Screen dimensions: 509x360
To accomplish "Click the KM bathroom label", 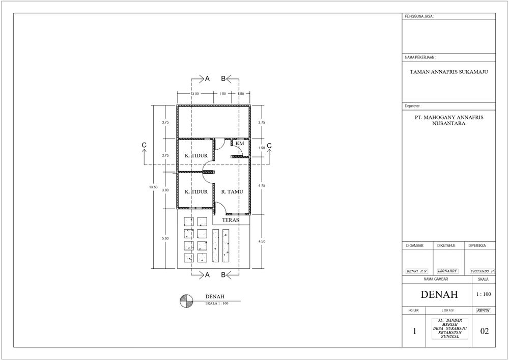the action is coord(240,143).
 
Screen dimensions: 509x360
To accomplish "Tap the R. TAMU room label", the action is coord(232,192).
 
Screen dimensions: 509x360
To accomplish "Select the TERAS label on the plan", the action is coord(231,220).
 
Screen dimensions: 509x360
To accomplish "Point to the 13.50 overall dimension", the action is coord(153,187).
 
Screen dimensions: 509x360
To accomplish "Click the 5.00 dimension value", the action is coord(165,238).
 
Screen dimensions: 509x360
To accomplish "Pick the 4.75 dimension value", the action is coord(261,186).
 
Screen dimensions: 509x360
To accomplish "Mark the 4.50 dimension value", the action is coord(261,241).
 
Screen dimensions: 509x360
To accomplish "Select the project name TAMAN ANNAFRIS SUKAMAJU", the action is coord(449,72).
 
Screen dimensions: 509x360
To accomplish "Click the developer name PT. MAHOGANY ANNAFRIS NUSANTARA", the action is coord(449,120).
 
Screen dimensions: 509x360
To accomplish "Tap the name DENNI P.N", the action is coord(416,271).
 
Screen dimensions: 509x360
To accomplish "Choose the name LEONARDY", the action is coord(447,271).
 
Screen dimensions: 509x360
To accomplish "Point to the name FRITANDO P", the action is coord(482,271).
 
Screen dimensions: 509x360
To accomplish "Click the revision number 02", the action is coord(485,331).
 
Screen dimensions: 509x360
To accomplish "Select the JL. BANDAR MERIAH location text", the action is coord(450,322).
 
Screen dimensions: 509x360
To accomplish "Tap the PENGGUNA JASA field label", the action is coord(419,17).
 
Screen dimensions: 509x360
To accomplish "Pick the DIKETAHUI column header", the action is coord(446,246).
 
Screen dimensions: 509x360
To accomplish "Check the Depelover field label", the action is coord(413,106).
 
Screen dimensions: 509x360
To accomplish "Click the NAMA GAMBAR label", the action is coord(436,279).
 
